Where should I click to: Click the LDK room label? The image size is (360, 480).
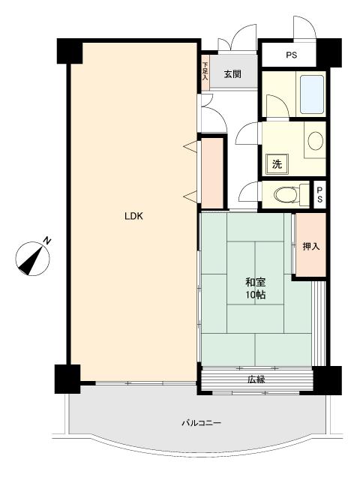pyautogui.click(x=133, y=217)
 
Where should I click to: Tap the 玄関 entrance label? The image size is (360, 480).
pyautogui.click(x=232, y=74)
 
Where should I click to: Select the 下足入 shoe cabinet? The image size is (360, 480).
pyautogui.click(x=205, y=72)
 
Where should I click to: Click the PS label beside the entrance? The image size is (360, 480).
pyautogui.click(x=292, y=55)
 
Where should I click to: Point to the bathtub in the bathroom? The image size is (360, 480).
pyautogui.click(x=312, y=94)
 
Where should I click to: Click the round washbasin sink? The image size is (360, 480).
pyautogui.click(x=315, y=141)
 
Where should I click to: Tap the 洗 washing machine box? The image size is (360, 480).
pyautogui.click(x=277, y=164)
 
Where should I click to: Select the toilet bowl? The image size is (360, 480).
pyautogui.click(x=286, y=195)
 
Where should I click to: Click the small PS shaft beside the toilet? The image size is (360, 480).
pyautogui.click(x=320, y=195)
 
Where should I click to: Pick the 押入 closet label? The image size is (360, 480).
pyautogui.click(x=311, y=246)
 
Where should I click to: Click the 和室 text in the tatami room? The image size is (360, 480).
pyautogui.click(x=255, y=282)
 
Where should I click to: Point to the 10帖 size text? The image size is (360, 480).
pyautogui.click(x=255, y=295)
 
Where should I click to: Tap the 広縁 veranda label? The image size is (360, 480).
pyautogui.click(x=256, y=379)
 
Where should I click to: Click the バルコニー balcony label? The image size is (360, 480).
pyautogui.click(x=201, y=423)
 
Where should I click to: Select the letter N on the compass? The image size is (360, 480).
pyautogui.click(x=46, y=240)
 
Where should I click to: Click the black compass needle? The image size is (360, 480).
pyautogui.click(x=31, y=260)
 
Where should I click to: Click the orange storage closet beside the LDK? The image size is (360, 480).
pyautogui.click(x=211, y=173)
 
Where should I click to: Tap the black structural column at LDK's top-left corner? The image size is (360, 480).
pyautogui.click(x=70, y=51)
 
